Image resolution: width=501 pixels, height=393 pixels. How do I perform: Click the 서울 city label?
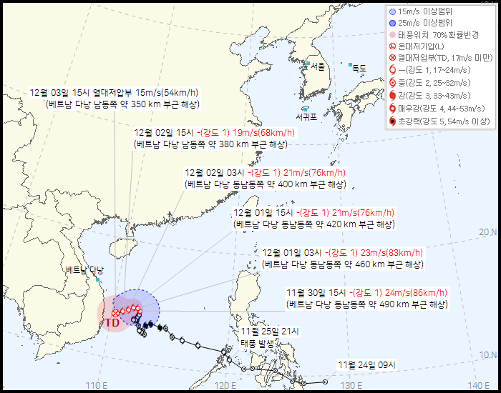click(x=318, y=66)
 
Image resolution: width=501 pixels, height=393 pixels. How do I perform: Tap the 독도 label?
click(x=359, y=69)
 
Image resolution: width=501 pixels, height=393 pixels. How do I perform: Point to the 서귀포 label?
click(x=307, y=116)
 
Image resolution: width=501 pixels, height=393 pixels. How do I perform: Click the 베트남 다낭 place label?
click(x=84, y=270)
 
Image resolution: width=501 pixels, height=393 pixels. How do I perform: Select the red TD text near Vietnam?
click(x=112, y=323)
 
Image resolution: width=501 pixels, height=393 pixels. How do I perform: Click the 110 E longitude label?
click(x=97, y=386)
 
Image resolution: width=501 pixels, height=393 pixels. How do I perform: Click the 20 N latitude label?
click(x=488, y=232)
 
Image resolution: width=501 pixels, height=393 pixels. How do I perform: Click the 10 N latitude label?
click(x=488, y=354)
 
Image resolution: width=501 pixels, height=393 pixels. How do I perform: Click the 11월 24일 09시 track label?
click(x=367, y=365)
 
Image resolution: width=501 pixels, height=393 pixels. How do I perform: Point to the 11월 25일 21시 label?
click(x=270, y=332)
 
